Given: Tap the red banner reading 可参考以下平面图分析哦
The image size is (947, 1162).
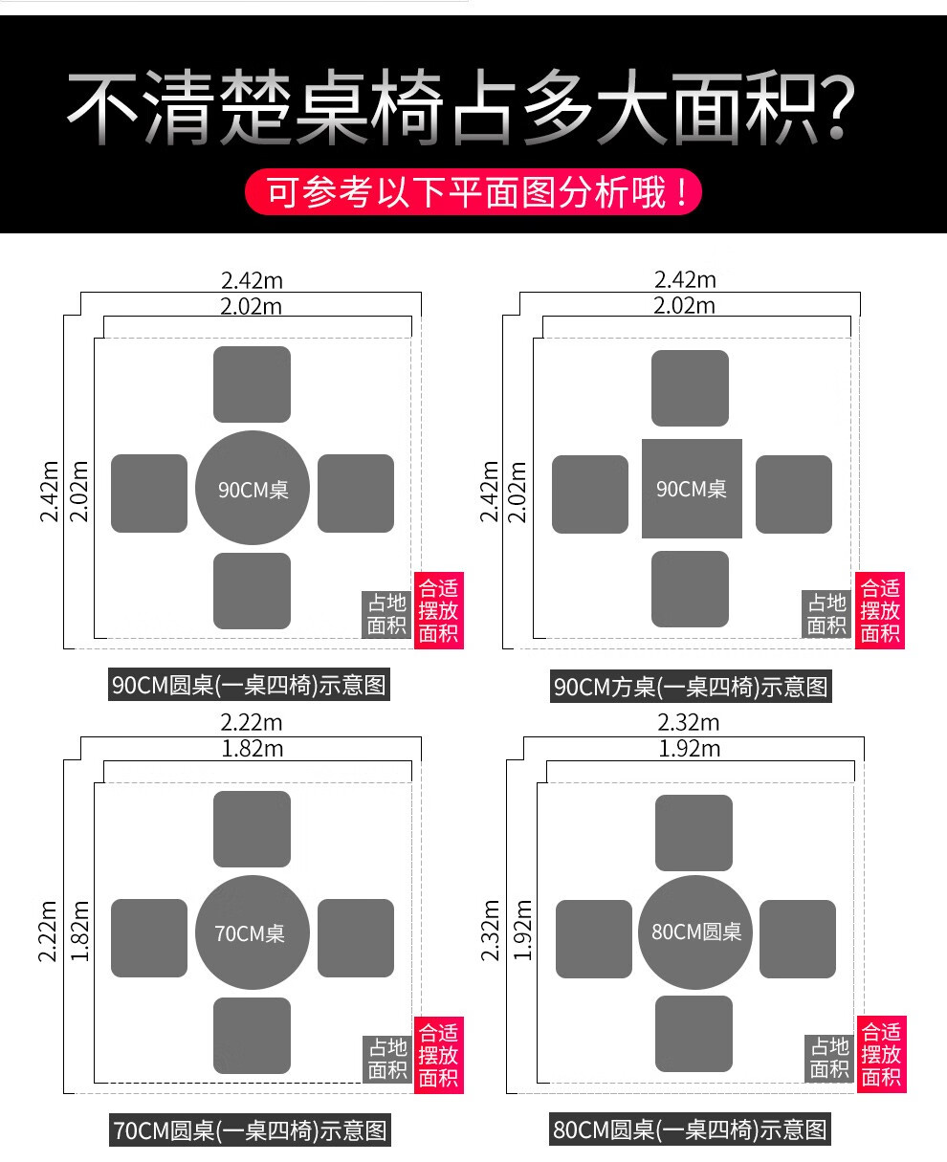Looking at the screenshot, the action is coord(473,192).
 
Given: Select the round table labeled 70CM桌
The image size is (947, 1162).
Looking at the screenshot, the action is coord(253,932).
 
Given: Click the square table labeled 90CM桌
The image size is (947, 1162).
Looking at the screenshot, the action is coord(692,489).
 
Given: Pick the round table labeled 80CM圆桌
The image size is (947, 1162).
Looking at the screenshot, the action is coord(695,932).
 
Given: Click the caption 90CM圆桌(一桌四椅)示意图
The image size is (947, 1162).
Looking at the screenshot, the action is coord(249,685).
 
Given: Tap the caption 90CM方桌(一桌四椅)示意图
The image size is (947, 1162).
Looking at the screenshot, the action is coord(691,686).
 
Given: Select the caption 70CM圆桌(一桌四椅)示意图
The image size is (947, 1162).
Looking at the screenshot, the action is coord(251,1130).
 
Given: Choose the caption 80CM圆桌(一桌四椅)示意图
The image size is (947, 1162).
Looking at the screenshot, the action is coord(691,1129).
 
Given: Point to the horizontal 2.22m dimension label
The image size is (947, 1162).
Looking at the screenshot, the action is coord(252,723).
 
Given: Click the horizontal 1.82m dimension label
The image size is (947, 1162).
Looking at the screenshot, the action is coord(252,748).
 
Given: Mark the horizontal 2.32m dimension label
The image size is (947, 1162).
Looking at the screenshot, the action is coord(689,722).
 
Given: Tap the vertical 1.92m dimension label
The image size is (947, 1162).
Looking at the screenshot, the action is coord(521,929).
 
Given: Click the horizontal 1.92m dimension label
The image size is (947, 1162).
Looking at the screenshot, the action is coord(689,748).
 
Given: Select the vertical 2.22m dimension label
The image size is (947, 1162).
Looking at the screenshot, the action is coord(49,932).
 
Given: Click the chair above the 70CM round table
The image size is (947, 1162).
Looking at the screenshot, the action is coord(252,828).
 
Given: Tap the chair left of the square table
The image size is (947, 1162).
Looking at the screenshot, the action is coord(590,494).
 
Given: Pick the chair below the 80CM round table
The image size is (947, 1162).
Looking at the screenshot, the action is coord(694,1034).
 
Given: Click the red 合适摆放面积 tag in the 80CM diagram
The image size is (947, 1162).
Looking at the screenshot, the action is coord(881,1054).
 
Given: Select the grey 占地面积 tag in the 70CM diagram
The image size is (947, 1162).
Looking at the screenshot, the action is coord(387,1059).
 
